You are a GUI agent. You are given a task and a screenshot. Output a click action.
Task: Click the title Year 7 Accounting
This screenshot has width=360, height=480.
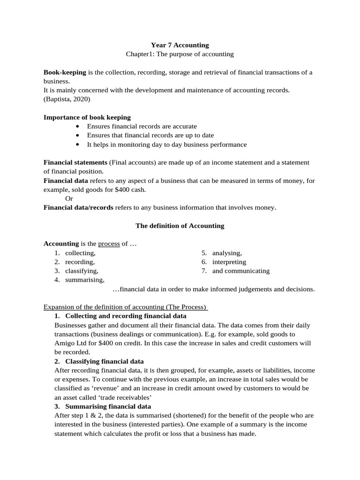tap(180, 45)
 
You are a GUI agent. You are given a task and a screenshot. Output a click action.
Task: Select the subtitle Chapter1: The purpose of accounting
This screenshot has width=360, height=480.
tap(180, 54)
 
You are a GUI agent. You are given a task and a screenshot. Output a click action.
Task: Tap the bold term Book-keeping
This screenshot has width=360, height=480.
tap(65, 72)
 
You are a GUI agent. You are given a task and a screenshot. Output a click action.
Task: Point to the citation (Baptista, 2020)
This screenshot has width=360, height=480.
tap(67, 99)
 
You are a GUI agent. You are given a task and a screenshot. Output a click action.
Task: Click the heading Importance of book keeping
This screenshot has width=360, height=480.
tap(87, 117)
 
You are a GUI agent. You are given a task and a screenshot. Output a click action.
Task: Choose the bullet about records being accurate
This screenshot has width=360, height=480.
tap(142, 127)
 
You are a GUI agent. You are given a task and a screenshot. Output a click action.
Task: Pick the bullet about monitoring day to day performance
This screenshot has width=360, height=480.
tap(166, 144)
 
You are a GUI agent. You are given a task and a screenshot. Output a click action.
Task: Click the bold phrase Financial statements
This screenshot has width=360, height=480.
tap(75, 163)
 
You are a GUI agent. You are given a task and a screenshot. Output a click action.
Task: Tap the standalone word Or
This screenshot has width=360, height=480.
tap(69, 199)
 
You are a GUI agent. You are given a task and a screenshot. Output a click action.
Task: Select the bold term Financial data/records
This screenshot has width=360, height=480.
tap(78, 208)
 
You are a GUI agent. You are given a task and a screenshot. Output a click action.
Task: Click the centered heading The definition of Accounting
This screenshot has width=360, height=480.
tap(180, 226)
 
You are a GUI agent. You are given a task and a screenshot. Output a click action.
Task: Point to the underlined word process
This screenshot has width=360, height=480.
tap(109, 244)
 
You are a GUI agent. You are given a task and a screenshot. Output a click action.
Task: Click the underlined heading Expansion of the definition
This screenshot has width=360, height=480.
tap(126, 307)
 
